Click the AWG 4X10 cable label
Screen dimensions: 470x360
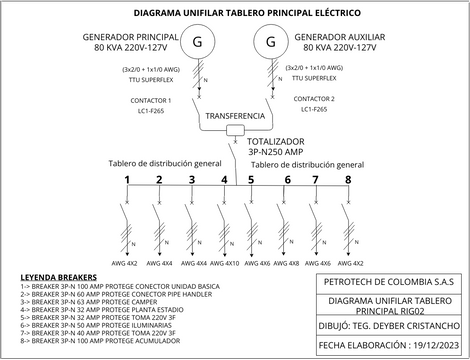[x=225, y=263]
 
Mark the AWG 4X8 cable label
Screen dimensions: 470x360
[x=287, y=263]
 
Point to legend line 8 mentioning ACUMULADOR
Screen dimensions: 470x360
[x=90, y=342]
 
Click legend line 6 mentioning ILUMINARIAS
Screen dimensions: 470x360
[x=85, y=324]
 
